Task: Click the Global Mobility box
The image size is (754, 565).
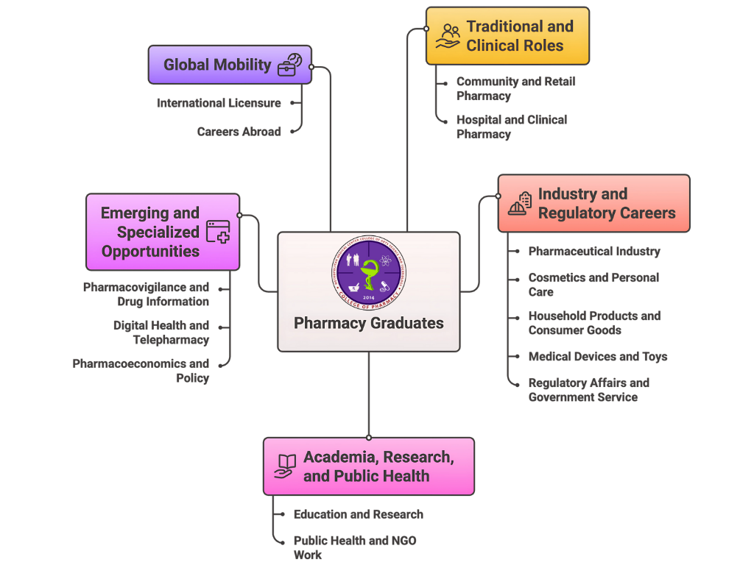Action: [229, 65]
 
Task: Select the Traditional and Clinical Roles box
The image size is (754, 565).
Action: [507, 36]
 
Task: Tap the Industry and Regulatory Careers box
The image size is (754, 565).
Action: [593, 204]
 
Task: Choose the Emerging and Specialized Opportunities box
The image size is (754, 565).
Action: [162, 232]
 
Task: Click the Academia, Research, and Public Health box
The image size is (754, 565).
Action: [368, 466]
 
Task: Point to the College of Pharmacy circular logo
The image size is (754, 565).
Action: [368, 272]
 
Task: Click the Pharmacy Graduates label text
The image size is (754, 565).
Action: [368, 323]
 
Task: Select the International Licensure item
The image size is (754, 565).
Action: [219, 104]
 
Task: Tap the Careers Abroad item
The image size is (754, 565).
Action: [239, 132]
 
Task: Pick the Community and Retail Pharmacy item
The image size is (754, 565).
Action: [515, 89]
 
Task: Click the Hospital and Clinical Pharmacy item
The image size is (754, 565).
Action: [512, 127]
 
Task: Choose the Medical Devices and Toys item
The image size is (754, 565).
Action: [597, 357]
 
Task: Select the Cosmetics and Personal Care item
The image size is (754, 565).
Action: [593, 285]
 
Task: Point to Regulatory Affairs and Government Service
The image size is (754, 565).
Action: [588, 390]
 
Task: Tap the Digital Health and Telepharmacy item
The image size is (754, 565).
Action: [161, 333]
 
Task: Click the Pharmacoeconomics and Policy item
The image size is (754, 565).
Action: [141, 371]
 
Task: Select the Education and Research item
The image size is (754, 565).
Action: [358, 515]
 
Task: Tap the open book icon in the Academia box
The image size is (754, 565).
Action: [285, 466]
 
